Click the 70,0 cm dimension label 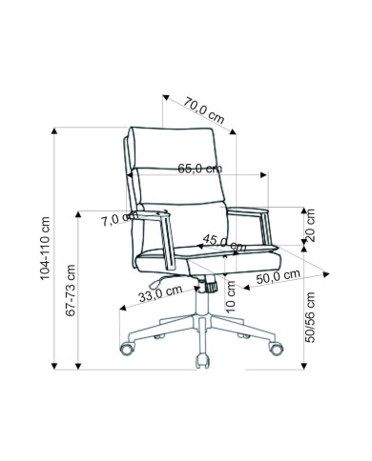click(x=204, y=110)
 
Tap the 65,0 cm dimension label click(x=199, y=168)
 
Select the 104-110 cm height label click(x=45, y=249)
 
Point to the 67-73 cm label click(x=71, y=291)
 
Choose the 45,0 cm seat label click(x=224, y=243)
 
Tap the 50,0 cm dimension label click(x=279, y=277)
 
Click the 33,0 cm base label click(x=160, y=293)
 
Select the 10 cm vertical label click(x=230, y=296)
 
